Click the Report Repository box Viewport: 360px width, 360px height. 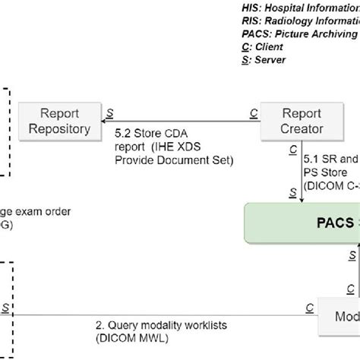59,120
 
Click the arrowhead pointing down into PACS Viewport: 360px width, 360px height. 302,199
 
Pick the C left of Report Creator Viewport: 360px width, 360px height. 252,112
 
